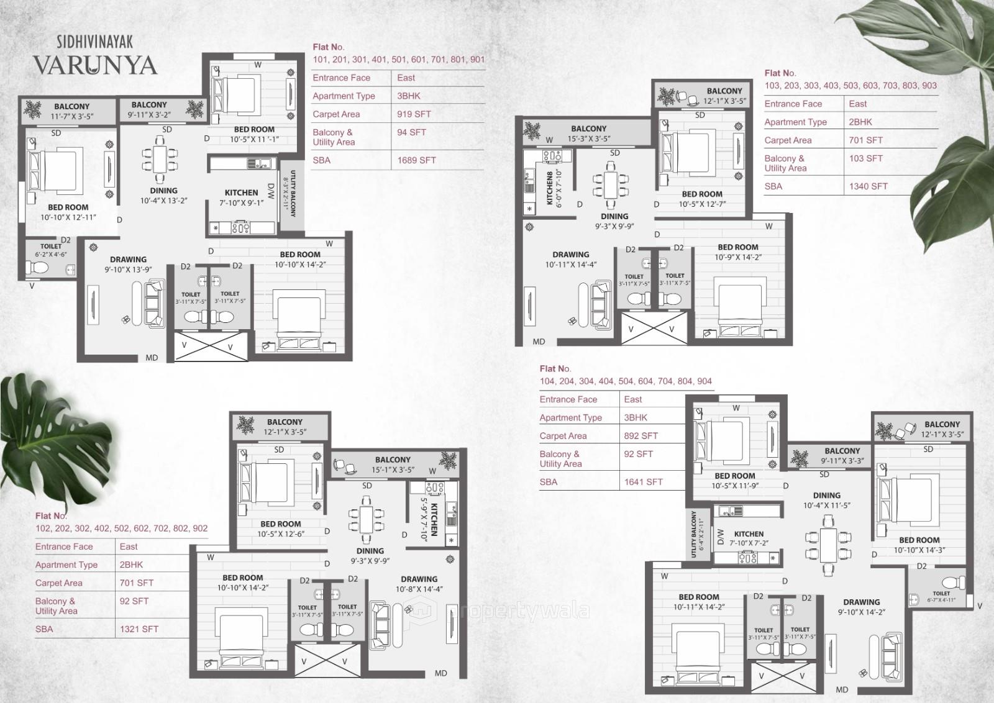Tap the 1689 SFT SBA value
[x=416, y=160]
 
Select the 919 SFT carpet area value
[x=414, y=114]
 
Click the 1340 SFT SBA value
[x=868, y=186]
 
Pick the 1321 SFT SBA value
[x=139, y=629]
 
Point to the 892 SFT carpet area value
[x=641, y=436]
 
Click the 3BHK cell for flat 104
[x=636, y=418]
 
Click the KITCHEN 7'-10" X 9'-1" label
[x=241, y=197]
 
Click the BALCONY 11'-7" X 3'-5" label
[x=71, y=111]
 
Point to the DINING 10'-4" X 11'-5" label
[x=826, y=501]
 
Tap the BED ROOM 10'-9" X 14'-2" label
[x=737, y=252]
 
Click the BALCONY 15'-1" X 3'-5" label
[x=393, y=465]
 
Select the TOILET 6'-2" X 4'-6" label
[x=51, y=250]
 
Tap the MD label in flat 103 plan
[x=539, y=342]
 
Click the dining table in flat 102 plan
[x=362, y=517]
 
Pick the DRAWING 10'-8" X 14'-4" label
[x=419, y=584]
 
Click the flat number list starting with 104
[x=626, y=381]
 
